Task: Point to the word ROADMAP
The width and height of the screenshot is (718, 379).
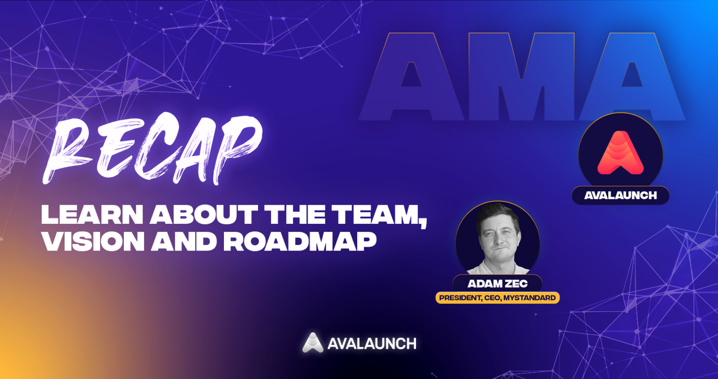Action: [x=299, y=242]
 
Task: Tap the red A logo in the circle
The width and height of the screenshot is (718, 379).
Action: [x=620, y=153]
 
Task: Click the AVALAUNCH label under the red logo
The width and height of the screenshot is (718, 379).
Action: [x=620, y=195]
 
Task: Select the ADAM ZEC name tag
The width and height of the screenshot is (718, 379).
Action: [x=497, y=284]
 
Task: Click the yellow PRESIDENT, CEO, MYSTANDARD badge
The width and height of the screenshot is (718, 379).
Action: [x=497, y=298]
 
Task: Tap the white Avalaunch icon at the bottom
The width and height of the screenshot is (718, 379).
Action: [x=313, y=343]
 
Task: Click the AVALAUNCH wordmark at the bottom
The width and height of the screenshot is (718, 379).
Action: [x=372, y=343]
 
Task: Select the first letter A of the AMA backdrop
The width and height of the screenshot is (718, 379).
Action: [x=411, y=77]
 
